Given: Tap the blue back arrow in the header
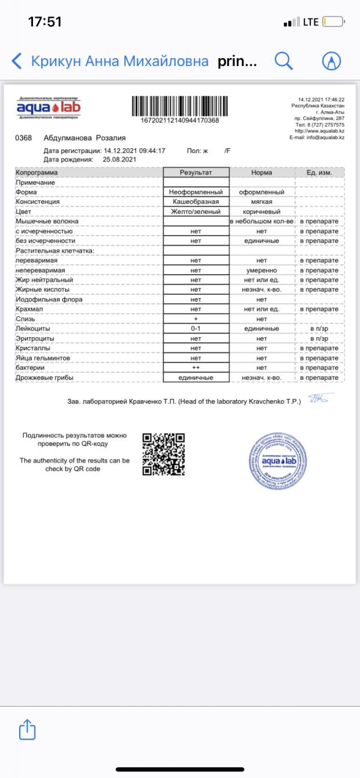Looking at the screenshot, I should pyautogui.click(x=17, y=61).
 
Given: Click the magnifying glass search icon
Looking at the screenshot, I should pyautogui.click(x=284, y=61).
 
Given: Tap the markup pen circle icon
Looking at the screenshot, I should pyautogui.click(x=331, y=61).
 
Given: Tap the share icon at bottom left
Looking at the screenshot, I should pyautogui.click(x=27, y=729).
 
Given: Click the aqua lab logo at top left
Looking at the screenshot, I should pyautogui.click(x=49, y=108).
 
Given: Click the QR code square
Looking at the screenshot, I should pyautogui.click(x=164, y=454).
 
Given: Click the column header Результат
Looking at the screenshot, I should pyautogui.click(x=196, y=172).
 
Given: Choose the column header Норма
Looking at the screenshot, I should pyautogui.click(x=262, y=172).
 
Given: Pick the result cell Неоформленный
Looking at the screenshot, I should pyautogui.click(x=196, y=192).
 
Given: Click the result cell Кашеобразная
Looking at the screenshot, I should pyautogui.click(x=196, y=202).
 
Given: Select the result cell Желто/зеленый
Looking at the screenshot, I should pyautogui.click(x=196, y=212).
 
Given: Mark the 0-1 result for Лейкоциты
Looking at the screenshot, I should pyautogui.click(x=196, y=329).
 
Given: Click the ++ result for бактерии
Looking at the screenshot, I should pyautogui.click(x=196, y=368).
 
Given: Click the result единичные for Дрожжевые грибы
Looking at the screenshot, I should pyautogui.click(x=196, y=378).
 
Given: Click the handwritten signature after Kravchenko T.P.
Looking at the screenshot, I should pyautogui.click(x=316, y=398).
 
